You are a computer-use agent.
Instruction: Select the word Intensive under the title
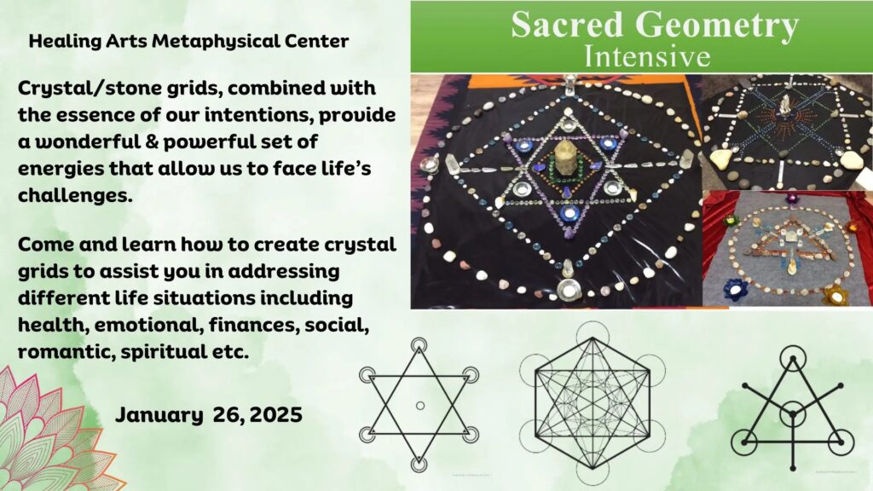[647, 57]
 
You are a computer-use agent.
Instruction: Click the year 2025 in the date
[276, 415]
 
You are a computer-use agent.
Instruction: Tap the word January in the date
[159, 415]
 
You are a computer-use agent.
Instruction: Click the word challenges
[75, 195]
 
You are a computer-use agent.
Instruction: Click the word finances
[246, 325]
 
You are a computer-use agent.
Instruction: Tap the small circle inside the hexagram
[420, 406]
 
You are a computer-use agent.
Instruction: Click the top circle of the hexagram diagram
[418, 345]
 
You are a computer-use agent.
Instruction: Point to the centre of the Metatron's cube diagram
[593, 405]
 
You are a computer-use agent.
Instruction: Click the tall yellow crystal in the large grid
[566, 159]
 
